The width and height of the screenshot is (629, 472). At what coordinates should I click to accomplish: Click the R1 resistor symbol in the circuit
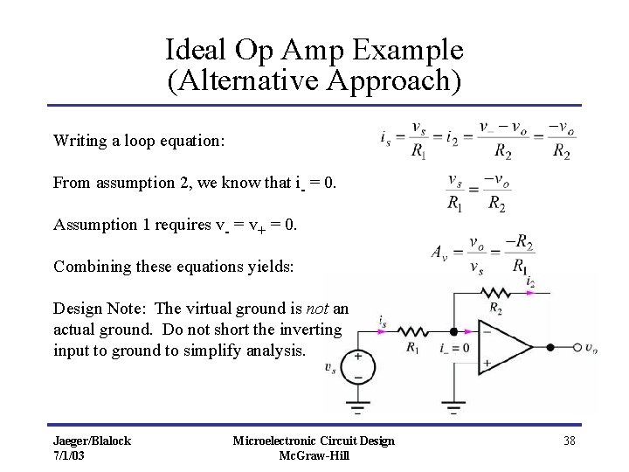tap(411, 332)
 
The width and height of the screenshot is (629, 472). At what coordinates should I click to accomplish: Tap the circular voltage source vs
tap(357, 366)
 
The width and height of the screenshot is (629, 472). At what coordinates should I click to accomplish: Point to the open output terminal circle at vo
tap(577, 348)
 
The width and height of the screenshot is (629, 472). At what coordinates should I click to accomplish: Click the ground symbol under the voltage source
tap(357, 406)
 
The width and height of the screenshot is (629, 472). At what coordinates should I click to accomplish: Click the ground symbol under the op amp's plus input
tap(453, 406)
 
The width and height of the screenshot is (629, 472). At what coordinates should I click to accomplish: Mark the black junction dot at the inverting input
tap(453, 332)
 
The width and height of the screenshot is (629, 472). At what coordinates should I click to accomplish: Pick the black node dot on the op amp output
tap(550, 348)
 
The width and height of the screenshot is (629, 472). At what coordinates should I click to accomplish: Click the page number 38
tap(569, 441)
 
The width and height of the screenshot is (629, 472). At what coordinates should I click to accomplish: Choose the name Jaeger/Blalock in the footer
tap(92, 441)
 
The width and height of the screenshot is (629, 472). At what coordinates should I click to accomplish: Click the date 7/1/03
tap(70, 455)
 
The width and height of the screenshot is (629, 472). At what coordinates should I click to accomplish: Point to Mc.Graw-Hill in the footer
tap(314, 455)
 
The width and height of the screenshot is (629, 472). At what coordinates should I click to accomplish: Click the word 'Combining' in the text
tap(89, 267)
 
